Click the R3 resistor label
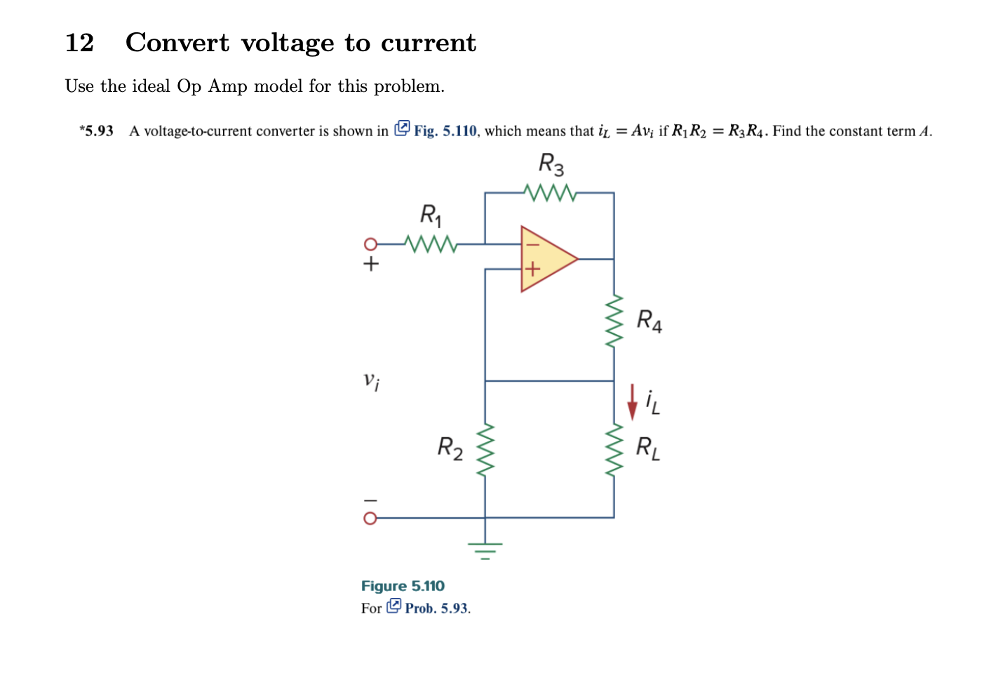551,165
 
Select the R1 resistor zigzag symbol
431,244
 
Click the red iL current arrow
632,401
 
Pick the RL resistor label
647,448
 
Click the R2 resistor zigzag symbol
485,450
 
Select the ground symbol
485,547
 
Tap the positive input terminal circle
370,244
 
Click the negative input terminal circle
370,518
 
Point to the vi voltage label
372,381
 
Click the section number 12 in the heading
79,43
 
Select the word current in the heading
428,43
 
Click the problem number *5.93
96,131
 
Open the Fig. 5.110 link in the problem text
444,131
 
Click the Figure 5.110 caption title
403,586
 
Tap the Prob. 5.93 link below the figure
436,608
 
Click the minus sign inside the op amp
532,245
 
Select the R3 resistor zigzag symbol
550,192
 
